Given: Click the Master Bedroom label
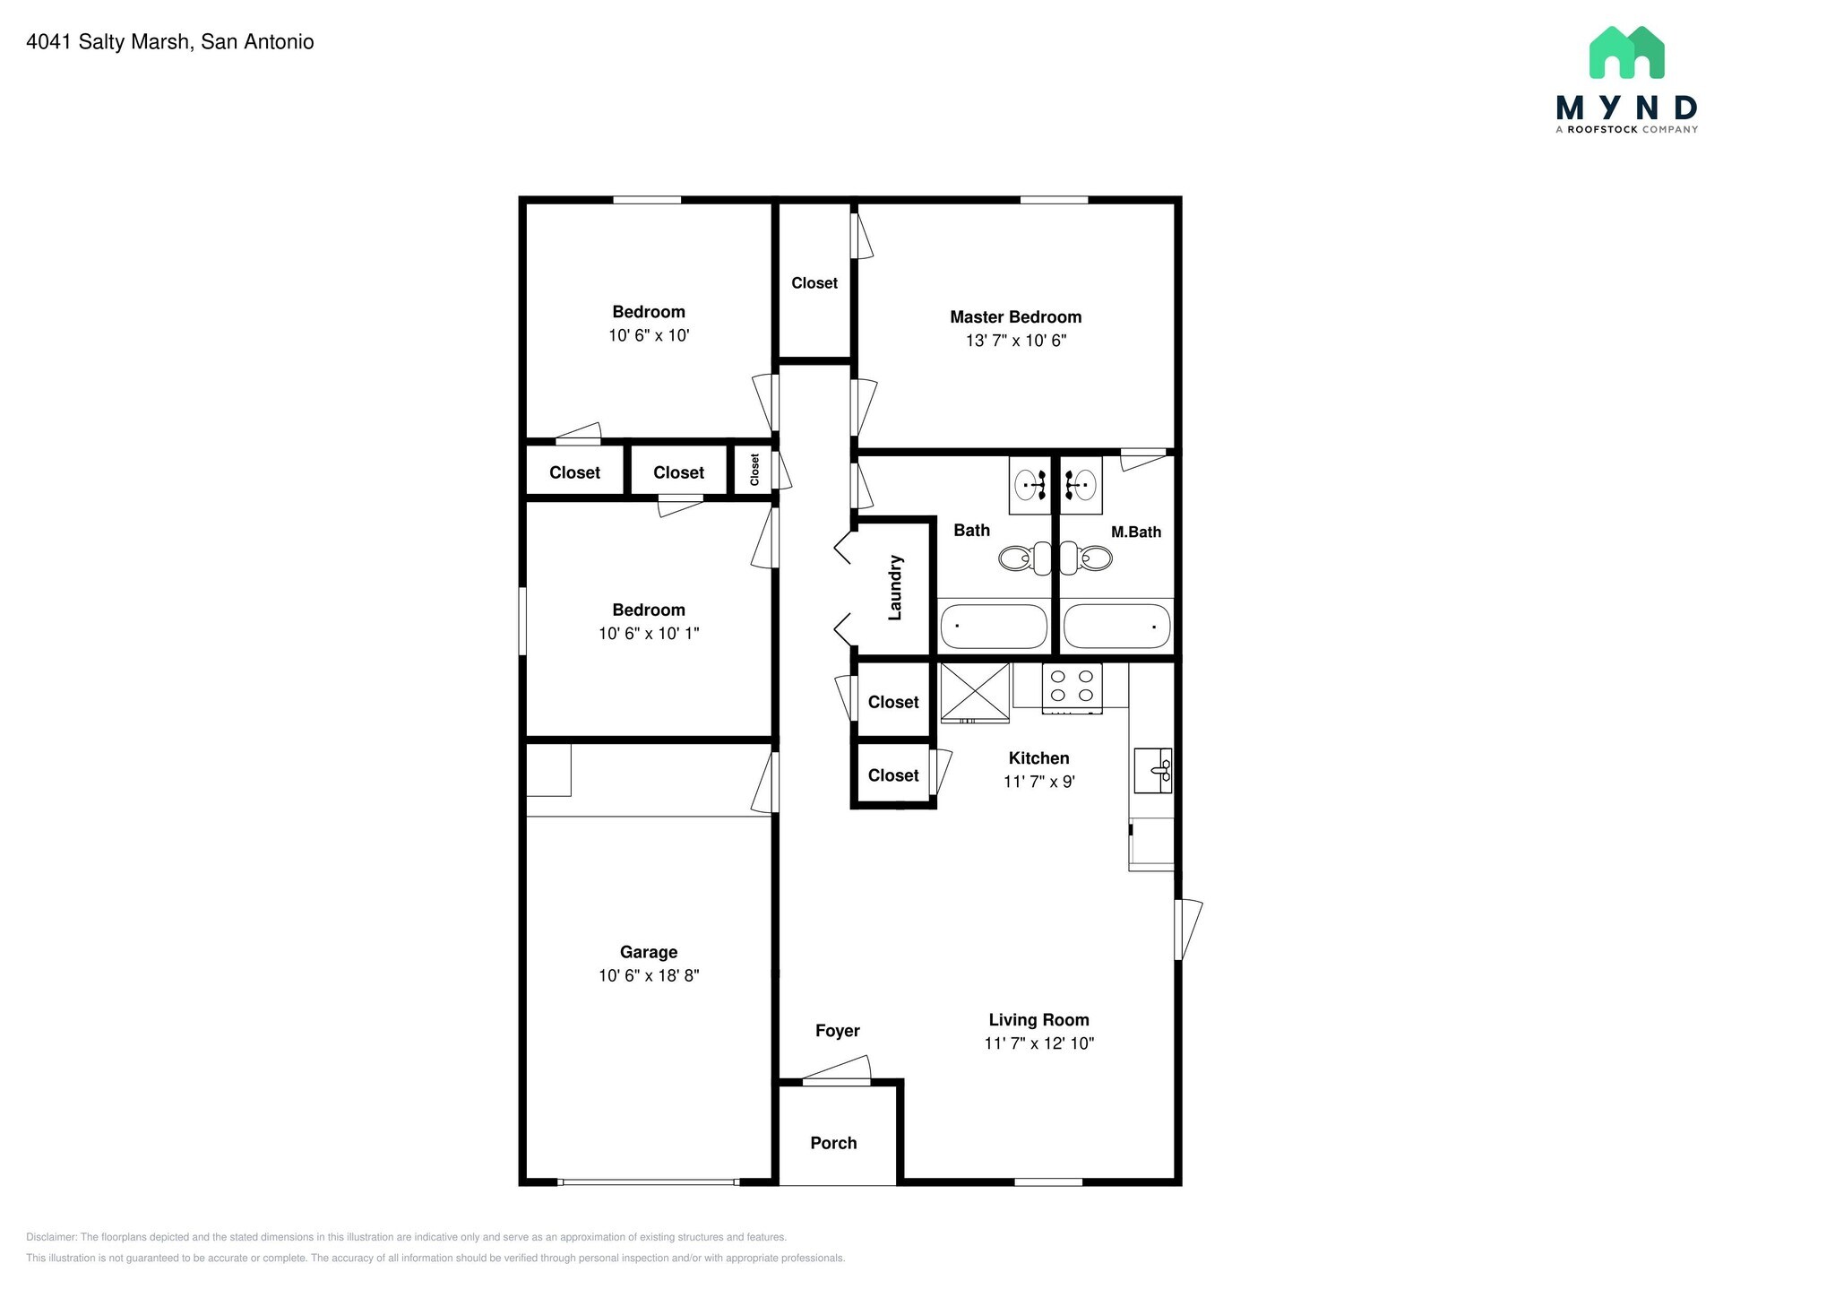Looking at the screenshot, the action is click(1015, 316).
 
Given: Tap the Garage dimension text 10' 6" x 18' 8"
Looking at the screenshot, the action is click(649, 975).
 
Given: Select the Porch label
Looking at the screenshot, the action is click(833, 1143).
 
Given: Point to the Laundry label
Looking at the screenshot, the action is click(895, 587).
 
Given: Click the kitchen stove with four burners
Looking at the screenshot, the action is click(1072, 688).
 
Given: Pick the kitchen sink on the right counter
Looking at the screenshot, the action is click(1153, 770).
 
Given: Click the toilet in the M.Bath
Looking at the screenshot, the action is click(1086, 558).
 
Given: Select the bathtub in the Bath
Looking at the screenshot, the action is click(994, 626).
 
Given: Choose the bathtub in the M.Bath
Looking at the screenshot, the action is click(1116, 626).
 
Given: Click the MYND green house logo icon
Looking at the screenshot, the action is click(1626, 52).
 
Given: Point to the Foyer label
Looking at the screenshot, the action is click(838, 1031).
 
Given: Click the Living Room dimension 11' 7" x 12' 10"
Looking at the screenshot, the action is click(1039, 1043).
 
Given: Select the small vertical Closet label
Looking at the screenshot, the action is click(754, 470).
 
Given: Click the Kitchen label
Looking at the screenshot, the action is click(1039, 758).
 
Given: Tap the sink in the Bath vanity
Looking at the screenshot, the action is click(1030, 485).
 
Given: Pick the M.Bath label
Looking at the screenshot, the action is click(1136, 532).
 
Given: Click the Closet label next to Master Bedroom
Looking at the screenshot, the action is click(814, 283).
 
